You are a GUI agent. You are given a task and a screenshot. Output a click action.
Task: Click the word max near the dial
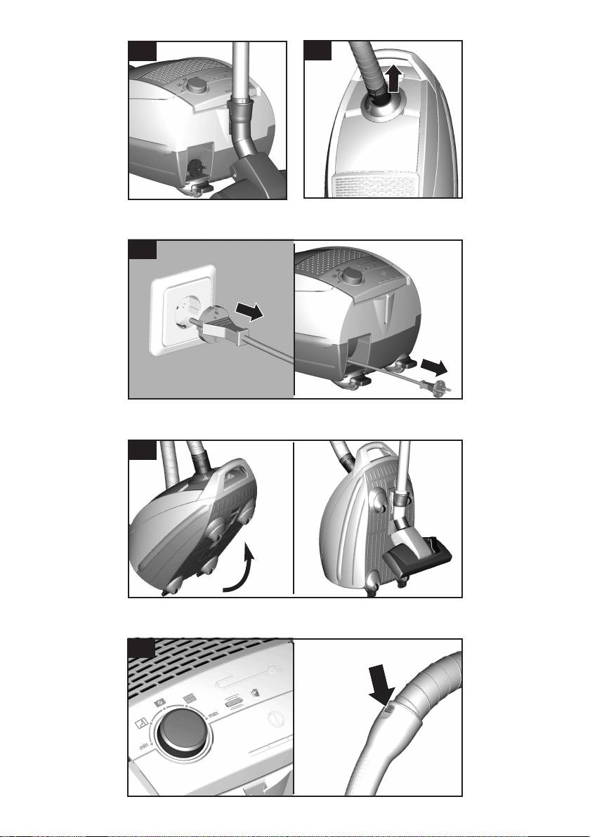coord(214,714)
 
